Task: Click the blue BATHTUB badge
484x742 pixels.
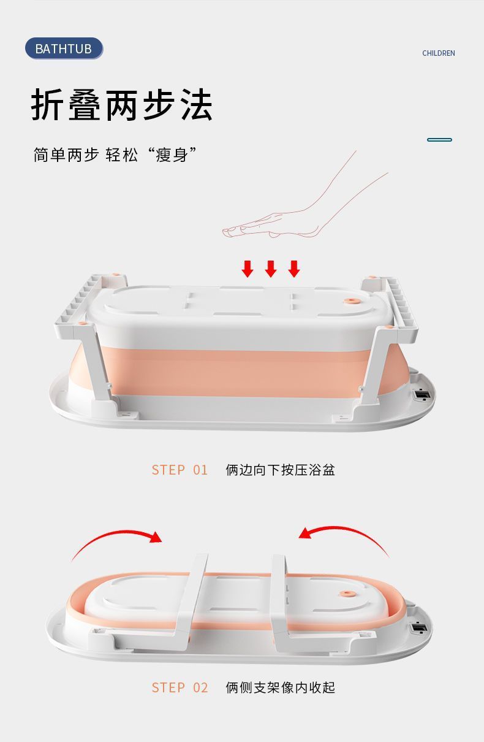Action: [x=64, y=48]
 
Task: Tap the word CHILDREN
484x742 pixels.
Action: [x=438, y=53]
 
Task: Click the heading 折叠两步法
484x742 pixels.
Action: [x=121, y=105]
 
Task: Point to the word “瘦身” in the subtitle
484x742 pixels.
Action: [x=172, y=155]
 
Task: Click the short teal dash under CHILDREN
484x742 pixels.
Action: [x=439, y=140]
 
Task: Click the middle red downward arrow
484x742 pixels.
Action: [x=270, y=269]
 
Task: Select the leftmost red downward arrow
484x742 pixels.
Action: [x=248, y=269]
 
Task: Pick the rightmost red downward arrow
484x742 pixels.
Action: [x=294, y=269]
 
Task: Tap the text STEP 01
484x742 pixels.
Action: [x=180, y=470]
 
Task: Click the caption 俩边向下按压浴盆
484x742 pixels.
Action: [x=280, y=470]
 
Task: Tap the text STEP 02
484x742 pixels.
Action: [x=180, y=687]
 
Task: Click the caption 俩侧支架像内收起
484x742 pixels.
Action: [x=280, y=687]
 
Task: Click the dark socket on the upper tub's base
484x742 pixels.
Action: [x=422, y=394]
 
